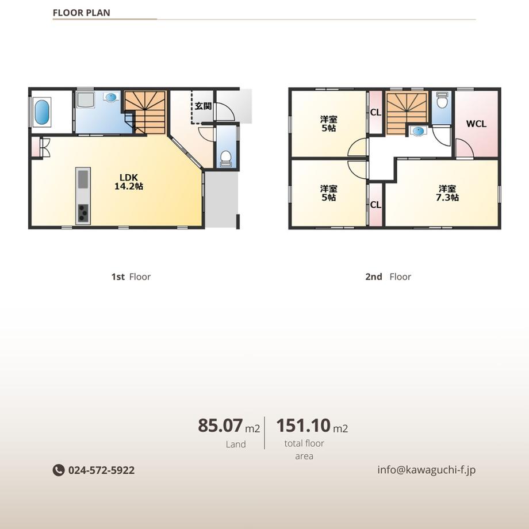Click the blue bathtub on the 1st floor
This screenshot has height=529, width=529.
coord(42,112)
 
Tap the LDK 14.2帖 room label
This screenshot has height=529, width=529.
coord(129,182)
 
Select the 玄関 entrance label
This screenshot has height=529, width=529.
coord(203,106)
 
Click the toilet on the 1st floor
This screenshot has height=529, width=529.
coord(225,159)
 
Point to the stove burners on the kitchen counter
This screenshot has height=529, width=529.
coord(83,213)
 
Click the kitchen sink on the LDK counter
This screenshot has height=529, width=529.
coord(83,179)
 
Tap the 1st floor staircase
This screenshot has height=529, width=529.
coord(145,113)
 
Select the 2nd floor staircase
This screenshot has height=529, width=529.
coord(407,114)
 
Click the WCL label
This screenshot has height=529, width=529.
coord(476,124)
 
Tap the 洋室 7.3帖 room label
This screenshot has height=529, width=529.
coord(447,193)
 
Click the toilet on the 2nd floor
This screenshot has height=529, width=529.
coord(442,100)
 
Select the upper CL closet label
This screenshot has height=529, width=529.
coord(375,112)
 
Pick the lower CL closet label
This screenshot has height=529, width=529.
coord(375,205)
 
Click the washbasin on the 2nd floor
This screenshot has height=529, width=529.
coord(418,131)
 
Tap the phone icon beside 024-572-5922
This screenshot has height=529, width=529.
coord(59,470)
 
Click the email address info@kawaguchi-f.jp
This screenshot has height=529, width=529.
coord(427,470)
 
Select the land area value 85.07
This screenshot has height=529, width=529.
coord(220,425)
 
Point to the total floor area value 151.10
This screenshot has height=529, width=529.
coord(303,425)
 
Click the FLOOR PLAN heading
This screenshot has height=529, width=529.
coord(81,13)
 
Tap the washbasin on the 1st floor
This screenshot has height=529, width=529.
coord(111,98)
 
